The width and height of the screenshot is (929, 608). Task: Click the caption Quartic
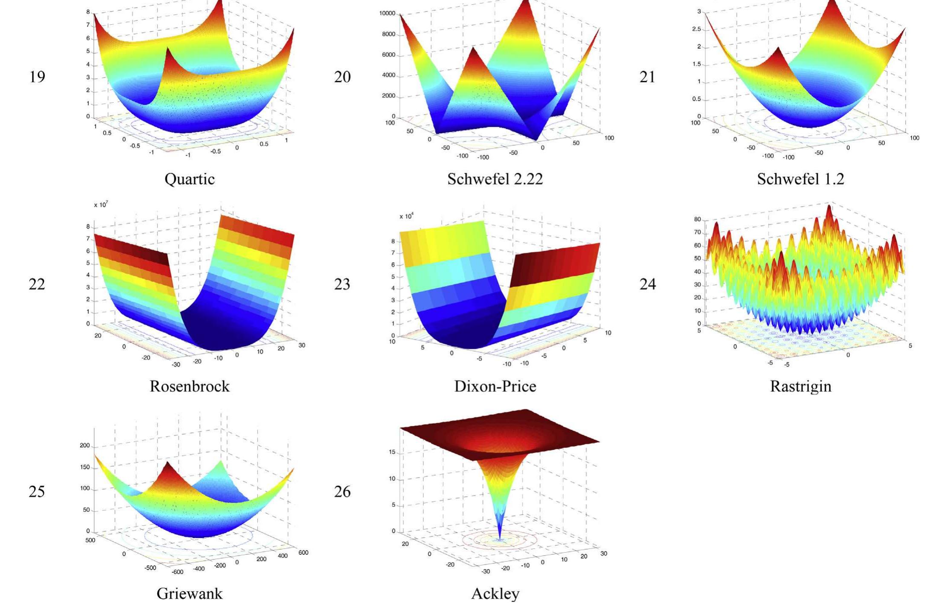(x=190, y=179)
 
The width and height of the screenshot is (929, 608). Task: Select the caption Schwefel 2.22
(x=495, y=179)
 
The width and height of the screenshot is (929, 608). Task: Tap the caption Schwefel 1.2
(x=800, y=179)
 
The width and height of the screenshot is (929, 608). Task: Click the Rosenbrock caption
(x=190, y=386)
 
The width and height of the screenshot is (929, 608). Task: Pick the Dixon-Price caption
(x=495, y=386)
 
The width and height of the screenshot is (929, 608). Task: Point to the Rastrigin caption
(x=800, y=386)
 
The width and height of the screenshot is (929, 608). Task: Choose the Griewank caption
(x=190, y=594)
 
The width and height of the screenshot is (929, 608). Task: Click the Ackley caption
(x=495, y=594)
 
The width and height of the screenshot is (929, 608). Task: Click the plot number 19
(x=37, y=77)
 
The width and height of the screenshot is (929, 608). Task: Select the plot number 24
(x=647, y=284)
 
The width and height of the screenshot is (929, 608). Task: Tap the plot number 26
(x=342, y=491)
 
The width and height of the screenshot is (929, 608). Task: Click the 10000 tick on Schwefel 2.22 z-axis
(x=387, y=14)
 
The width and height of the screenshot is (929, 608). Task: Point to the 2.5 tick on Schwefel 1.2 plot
(x=696, y=29)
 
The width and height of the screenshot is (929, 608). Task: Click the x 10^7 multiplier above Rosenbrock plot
(x=101, y=205)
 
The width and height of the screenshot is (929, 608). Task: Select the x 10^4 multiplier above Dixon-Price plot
(x=406, y=216)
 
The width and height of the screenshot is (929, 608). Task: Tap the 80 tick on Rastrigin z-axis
(x=697, y=219)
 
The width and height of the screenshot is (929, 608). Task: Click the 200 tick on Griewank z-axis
(x=84, y=446)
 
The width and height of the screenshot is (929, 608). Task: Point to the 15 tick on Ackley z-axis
(x=392, y=452)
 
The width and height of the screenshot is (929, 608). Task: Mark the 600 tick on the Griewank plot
(x=303, y=553)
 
